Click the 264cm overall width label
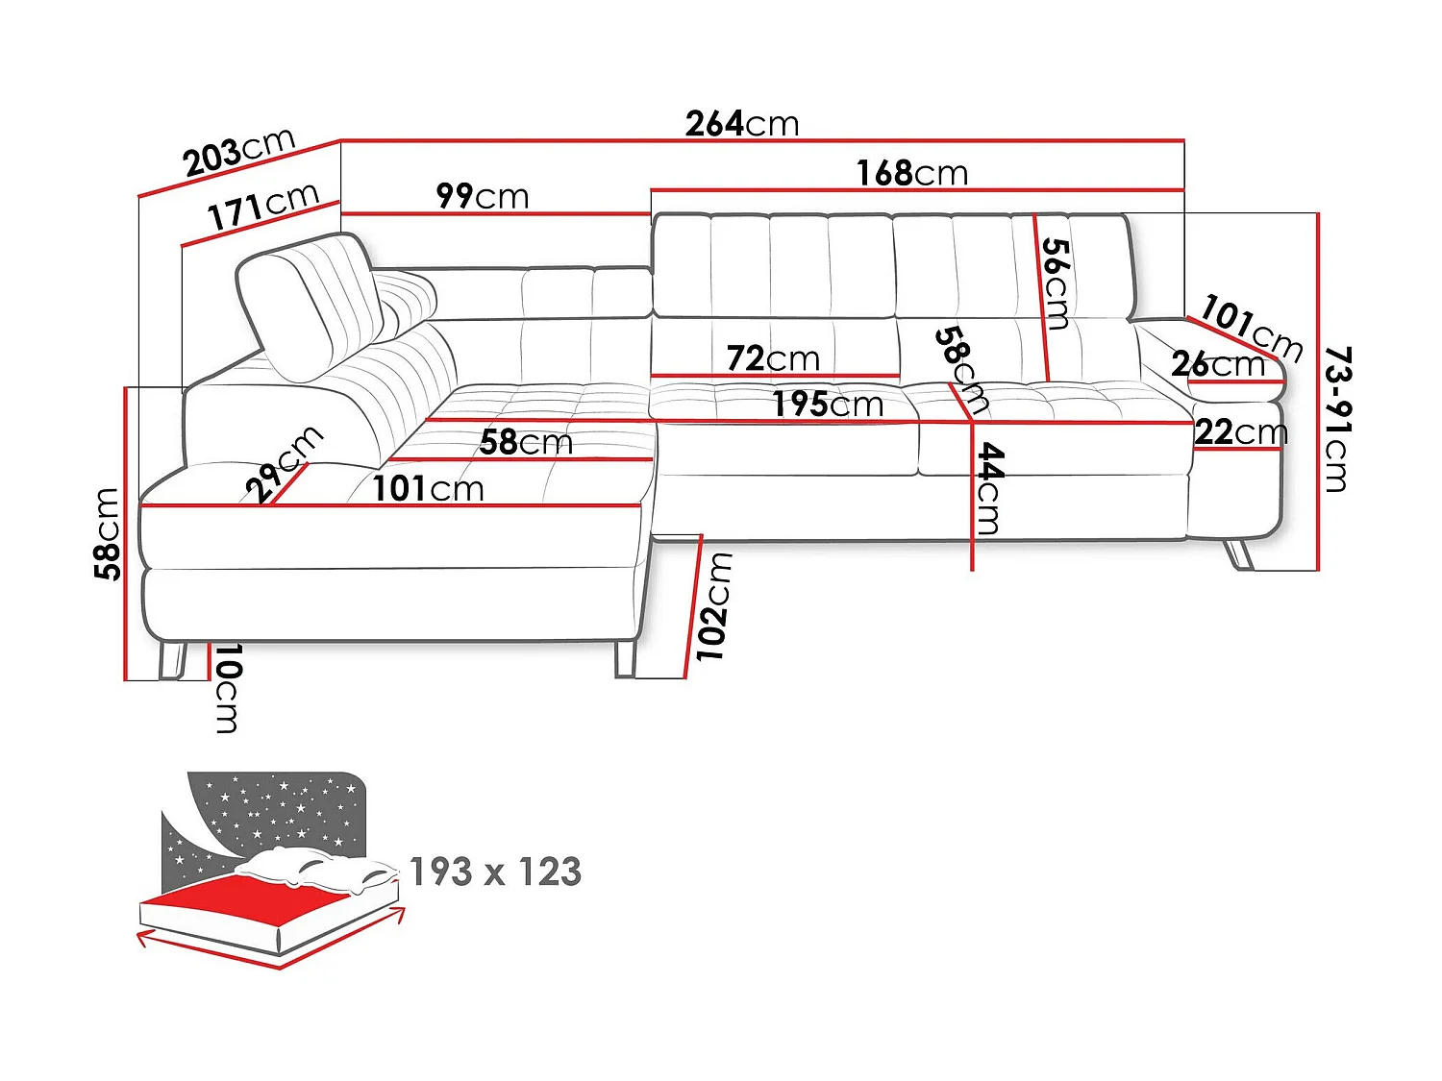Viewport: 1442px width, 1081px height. point(741,124)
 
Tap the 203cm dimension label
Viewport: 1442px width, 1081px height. point(239,152)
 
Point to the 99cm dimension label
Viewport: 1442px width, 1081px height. point(483,196)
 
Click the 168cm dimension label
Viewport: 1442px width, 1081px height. point(912,173)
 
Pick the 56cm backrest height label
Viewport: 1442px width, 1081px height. point(1056,283)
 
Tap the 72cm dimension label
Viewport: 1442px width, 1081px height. point(773,358)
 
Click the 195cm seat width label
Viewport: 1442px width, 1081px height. point(828,405)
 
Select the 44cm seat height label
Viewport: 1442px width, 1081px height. point(989,488)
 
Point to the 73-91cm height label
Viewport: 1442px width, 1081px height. point(1337,419)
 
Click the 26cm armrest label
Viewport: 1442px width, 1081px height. point(1217,364)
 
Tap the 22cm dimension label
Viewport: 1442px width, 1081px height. point(1241,432)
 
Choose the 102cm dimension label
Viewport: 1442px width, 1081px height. point(713,606)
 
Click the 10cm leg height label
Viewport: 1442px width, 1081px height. point(228,688)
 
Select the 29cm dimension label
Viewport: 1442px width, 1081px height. point(284,463)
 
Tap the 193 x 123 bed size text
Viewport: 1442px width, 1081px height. point(495,872)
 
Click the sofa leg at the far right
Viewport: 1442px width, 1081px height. point(1239,554)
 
